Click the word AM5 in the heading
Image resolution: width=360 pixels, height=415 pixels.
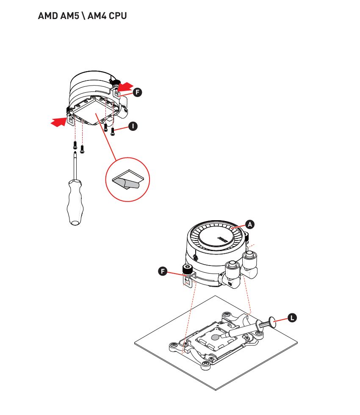[x=69, y=16]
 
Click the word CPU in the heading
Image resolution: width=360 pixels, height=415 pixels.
[x=118, y=16]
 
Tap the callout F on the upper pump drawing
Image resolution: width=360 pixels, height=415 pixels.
[x=137, y=92]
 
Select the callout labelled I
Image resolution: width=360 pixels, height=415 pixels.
[x=133, y=126]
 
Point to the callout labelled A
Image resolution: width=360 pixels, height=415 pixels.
[x=249, y=224]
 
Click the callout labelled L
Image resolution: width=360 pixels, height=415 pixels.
[x=292, y=318]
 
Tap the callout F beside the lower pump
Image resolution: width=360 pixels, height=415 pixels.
[x=163, y=271]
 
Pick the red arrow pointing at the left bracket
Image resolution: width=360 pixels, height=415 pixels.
[x=58, y=122]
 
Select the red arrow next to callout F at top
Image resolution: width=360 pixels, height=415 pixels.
[x=125, y=86]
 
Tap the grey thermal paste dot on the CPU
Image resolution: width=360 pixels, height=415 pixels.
[x=216, y=337]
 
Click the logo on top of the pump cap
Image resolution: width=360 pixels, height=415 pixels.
[x=223, y=239]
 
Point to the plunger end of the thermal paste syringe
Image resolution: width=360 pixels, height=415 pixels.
[x=272, y=321]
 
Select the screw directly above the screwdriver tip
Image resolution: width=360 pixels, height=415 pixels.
[x=75, y=145]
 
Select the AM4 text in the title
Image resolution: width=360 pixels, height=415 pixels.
[x=97, y=16]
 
